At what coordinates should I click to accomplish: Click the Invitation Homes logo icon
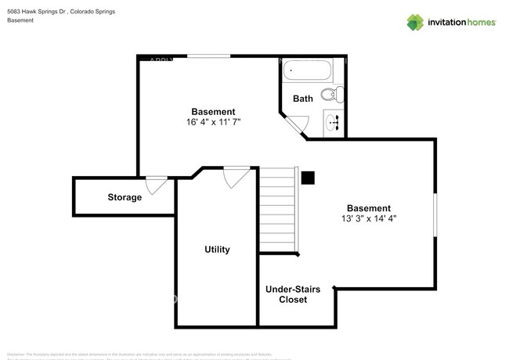coord(415,22)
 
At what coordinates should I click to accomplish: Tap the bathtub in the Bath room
coord(307,72)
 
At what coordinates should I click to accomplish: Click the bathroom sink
coord(332,122)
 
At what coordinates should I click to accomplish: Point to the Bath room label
coord(303,99)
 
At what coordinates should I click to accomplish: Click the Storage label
coord(125,197)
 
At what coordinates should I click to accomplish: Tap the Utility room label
coord(217,250)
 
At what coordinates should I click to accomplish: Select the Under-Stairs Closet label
coord(291,294)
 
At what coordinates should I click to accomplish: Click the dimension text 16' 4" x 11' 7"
coord(213,122)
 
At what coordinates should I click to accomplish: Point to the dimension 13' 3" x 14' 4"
coord(368,219)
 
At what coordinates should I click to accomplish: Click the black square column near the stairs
coord(309,178)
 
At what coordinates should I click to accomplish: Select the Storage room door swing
coord(156,185)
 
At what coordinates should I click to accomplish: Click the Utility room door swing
coord(234,178)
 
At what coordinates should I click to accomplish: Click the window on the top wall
coord(208,56)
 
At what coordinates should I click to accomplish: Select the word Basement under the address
coord(20,20)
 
